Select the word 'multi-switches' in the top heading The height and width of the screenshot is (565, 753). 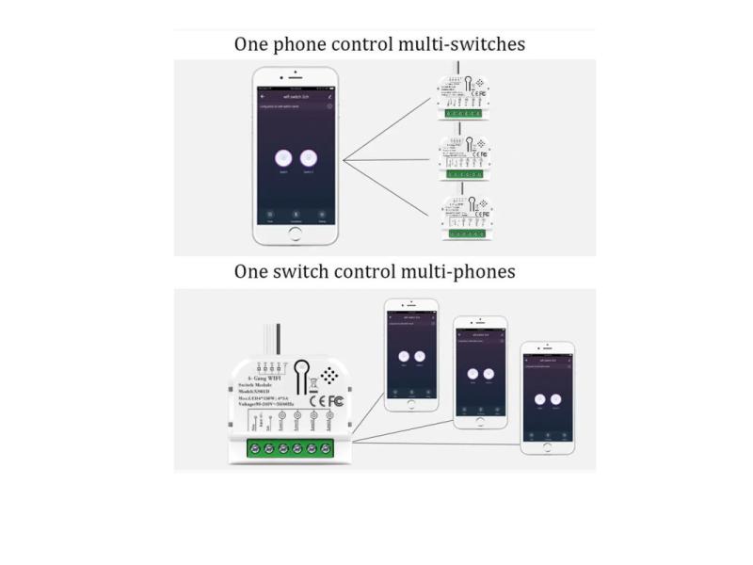461,44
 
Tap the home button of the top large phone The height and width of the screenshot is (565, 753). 295,232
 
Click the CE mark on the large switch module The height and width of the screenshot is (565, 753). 317,400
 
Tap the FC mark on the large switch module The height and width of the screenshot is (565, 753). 335,400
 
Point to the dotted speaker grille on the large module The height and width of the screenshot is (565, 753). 328,375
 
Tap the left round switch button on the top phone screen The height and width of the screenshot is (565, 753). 282,159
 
